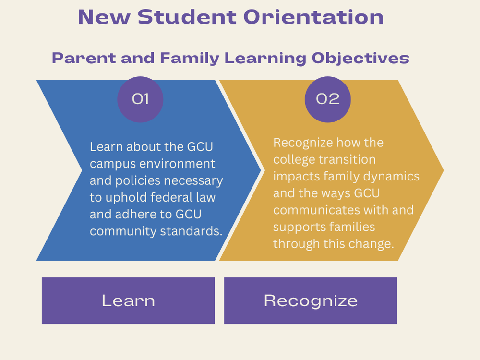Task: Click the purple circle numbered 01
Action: [x=140, y=99]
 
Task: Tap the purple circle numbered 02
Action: [x=328, y=99]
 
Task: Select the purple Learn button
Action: [x=128, y=300]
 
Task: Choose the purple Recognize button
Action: [x=311, y=300]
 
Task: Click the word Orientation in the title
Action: [x=313, y=18]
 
